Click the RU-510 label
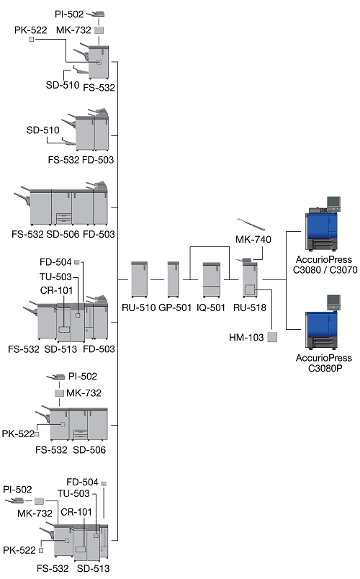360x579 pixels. coord(139,308)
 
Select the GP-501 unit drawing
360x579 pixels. coord(174,279)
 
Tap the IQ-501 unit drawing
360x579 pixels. coord(212,279)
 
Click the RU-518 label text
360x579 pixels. coord(250,308)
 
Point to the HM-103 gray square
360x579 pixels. coord(272,337)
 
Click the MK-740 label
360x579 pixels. coord(253,240)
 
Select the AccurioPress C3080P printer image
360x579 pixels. coord(323,323)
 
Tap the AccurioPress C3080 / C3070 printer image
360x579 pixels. coord(323,224)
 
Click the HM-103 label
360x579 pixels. coord(246,338)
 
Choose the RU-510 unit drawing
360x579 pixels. coord(139,279)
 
